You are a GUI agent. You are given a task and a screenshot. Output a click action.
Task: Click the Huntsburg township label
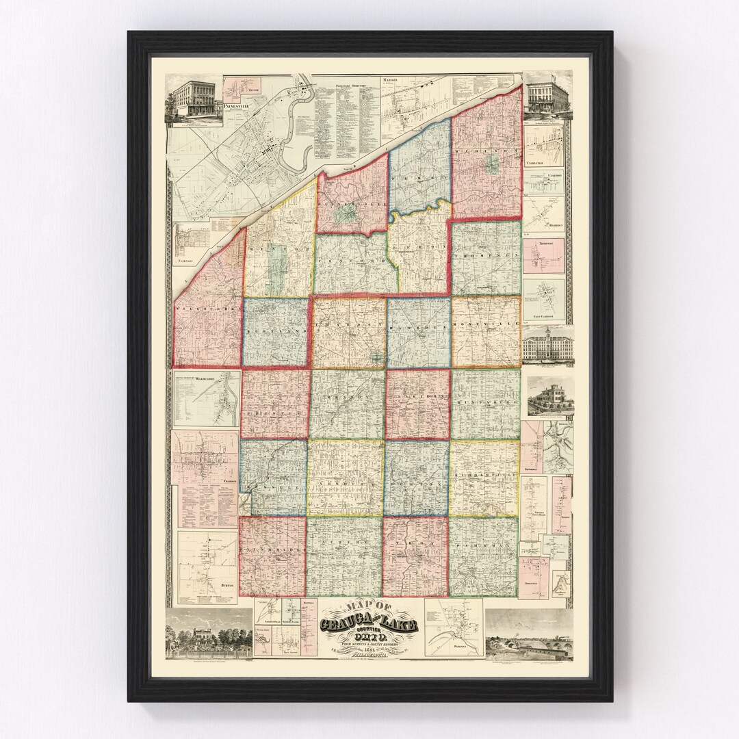(485, 404)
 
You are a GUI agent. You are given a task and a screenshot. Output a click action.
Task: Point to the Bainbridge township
(272, 554)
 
